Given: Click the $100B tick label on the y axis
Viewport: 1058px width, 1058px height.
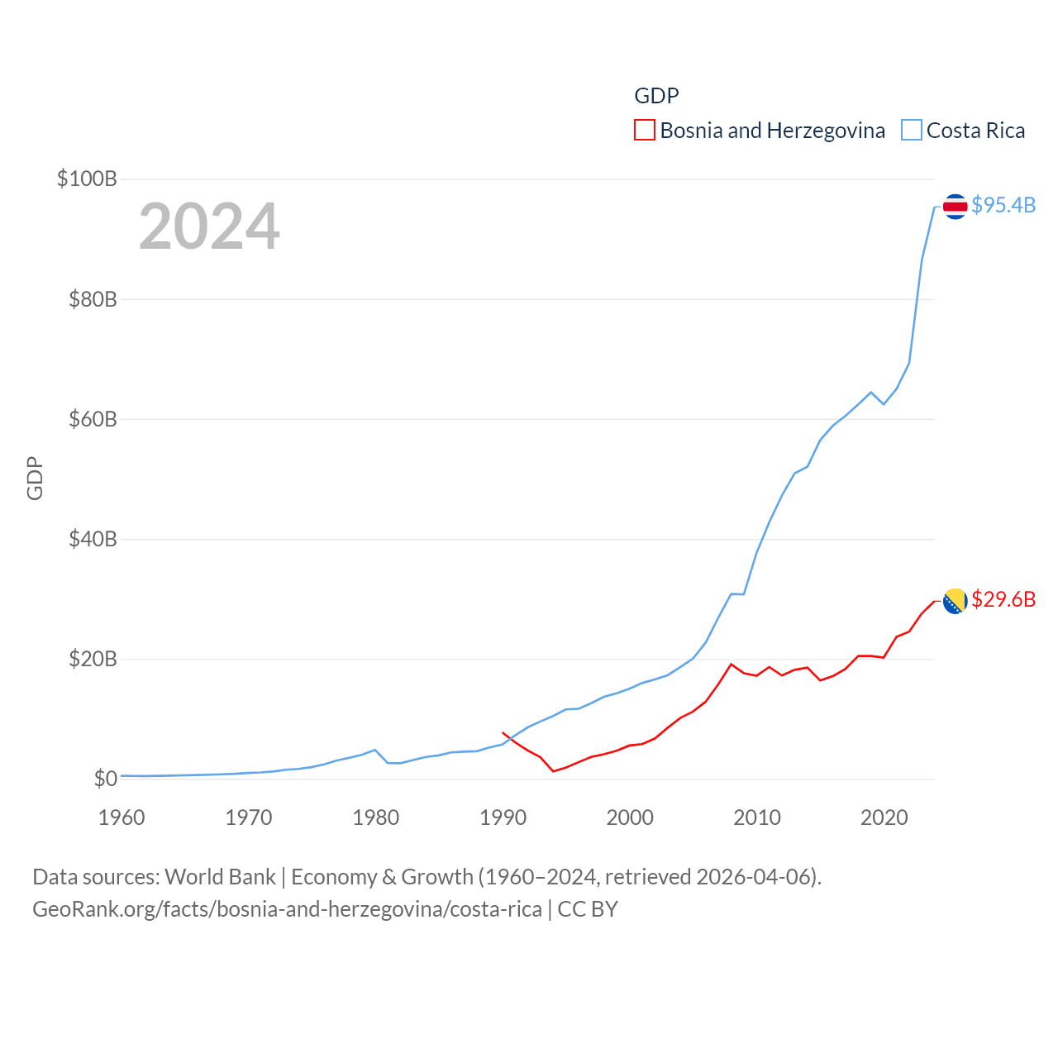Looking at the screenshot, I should (87, 179).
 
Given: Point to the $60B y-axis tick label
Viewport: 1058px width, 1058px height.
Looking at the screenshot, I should (93, 419).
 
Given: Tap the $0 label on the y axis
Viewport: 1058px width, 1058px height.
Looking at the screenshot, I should (105, 779).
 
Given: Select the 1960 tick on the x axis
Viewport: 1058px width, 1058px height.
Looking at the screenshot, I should (122, 817).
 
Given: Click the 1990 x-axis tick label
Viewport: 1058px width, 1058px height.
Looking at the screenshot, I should (503, 817).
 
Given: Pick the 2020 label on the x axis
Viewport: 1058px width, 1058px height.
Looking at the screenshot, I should (884, 817).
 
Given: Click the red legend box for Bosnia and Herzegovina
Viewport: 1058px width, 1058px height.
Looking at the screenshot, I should (645, 131).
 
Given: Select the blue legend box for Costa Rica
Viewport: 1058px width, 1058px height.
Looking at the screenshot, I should (911, 131).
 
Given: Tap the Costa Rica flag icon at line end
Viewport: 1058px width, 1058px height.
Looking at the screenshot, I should (955, 207).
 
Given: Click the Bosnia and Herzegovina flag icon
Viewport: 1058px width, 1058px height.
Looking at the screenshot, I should (955, 601).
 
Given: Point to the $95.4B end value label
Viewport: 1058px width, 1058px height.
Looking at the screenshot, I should (1003, 205).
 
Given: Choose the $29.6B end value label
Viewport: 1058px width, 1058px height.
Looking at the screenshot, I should (1003, 599).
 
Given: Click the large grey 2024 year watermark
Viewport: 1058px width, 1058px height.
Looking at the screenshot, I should (209, 226).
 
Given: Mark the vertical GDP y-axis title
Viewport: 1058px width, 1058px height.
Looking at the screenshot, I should (35, 478).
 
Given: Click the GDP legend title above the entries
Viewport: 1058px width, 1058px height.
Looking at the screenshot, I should (656, 96).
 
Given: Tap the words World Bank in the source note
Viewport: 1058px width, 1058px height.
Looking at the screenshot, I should (220, 876).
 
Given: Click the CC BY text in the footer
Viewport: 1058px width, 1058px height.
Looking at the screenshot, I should (588, 909).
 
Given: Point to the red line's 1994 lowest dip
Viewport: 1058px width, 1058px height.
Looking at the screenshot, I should (553, 771).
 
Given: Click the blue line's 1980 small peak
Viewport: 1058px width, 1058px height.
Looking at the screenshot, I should (375, 750).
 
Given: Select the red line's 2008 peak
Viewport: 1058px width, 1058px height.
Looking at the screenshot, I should (731, 664).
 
